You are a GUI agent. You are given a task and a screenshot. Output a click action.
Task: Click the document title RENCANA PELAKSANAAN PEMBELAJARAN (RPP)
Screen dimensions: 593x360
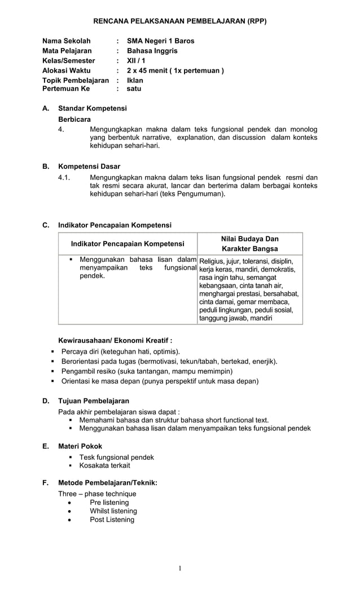point(179,21)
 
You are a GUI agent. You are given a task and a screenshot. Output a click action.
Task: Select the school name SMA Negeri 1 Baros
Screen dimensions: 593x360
point(160,41)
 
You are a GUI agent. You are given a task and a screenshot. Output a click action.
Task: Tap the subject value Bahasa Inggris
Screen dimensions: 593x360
point(152,51)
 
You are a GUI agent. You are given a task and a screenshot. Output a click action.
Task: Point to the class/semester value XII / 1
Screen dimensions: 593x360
point(136,60)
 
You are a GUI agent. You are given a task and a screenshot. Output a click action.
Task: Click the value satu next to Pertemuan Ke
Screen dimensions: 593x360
point(134,89)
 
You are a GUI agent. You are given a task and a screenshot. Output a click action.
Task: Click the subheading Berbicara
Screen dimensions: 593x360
point(74,120)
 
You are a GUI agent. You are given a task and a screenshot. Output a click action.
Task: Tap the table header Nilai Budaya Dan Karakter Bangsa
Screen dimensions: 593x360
point(249,244)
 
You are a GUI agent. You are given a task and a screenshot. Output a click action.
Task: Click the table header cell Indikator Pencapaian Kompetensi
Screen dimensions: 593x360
point(128,244)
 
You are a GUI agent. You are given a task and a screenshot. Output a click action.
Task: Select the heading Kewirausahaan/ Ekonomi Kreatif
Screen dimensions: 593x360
point(115,340)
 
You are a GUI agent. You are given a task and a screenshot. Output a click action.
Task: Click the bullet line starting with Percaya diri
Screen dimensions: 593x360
point(116,352)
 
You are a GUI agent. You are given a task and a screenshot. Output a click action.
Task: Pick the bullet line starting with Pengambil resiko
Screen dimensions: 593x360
point(147,371)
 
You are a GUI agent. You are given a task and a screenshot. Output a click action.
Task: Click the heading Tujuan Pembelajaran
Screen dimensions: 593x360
point(94,401)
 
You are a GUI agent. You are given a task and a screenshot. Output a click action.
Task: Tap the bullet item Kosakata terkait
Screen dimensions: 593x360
point(104,465)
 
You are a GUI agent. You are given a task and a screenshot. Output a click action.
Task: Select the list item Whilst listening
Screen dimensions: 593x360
point(113,511)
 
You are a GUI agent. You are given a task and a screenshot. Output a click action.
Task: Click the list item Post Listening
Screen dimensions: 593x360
point(112,520)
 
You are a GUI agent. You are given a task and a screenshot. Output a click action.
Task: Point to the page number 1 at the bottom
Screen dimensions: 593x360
point(180,568)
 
